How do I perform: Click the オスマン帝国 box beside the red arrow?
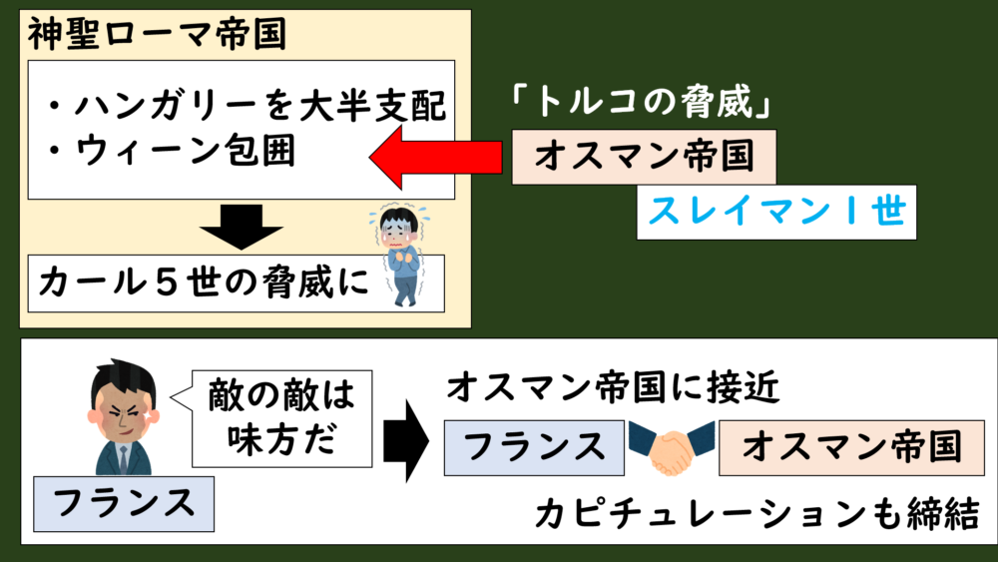point(643,157)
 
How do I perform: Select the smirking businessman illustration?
point(123,418)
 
